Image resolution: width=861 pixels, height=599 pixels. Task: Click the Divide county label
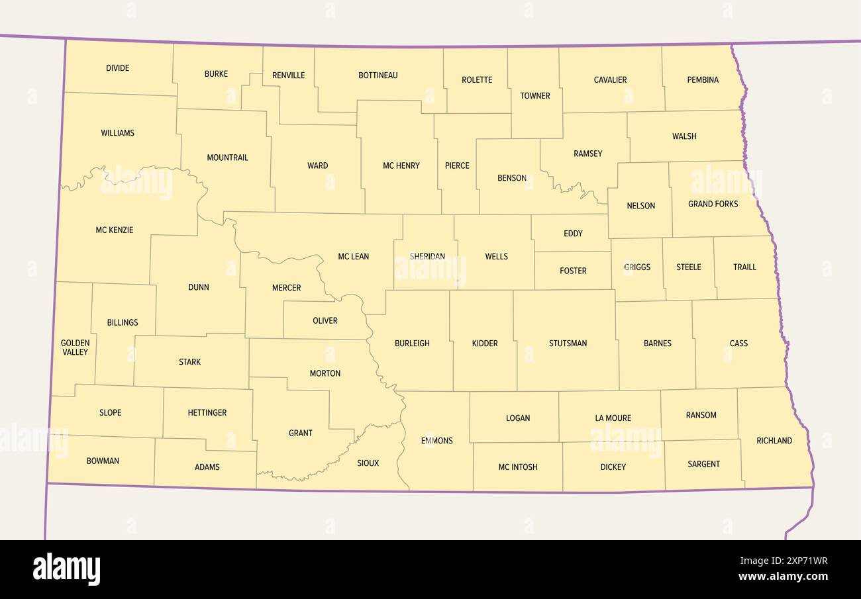(x=117, y=68)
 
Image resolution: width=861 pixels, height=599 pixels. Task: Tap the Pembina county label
(x=703, y=80)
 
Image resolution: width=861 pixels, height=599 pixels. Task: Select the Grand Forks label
(x=713, y=204)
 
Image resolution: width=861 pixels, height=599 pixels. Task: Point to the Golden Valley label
(x=75, y=347)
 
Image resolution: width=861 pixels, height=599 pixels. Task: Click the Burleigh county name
(x=412, y=344)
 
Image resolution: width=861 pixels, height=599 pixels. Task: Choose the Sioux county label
(x=368, y=463)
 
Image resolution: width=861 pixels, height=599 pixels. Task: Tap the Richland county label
(x=774, y=441)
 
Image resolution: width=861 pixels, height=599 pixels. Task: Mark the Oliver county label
(x=325, y=321)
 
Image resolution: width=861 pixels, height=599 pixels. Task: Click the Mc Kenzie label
(x=114, y=230)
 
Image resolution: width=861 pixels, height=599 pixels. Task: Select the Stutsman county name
(x=568, y=344)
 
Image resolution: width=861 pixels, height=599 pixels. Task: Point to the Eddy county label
(x=573, y=234)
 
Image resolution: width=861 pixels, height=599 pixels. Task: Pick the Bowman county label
(x=103, y=461)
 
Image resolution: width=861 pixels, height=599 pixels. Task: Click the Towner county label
(x=534, y=96)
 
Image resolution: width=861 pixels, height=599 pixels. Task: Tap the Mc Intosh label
(x=517, y=467)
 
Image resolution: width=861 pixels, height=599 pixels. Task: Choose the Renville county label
(x=288, y=75)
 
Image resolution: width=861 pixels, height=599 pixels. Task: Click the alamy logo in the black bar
(x=66, y=569)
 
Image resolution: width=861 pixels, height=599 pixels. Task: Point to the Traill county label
(x=744, y=267)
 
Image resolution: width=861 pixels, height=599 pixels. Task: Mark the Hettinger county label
(x=207, y=413)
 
